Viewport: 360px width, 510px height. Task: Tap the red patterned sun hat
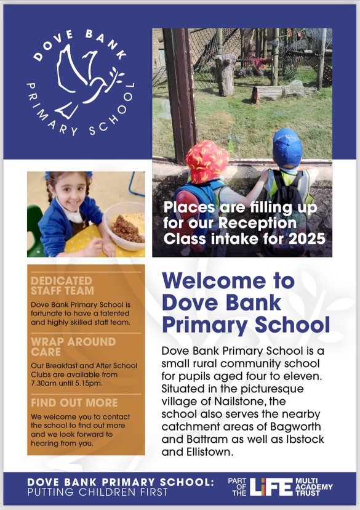pos(207,162)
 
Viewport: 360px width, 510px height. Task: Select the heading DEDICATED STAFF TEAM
pos(63,285)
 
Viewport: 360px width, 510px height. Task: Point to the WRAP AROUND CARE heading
pos(73,346)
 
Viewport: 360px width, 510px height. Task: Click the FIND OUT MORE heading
pos(74,402)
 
